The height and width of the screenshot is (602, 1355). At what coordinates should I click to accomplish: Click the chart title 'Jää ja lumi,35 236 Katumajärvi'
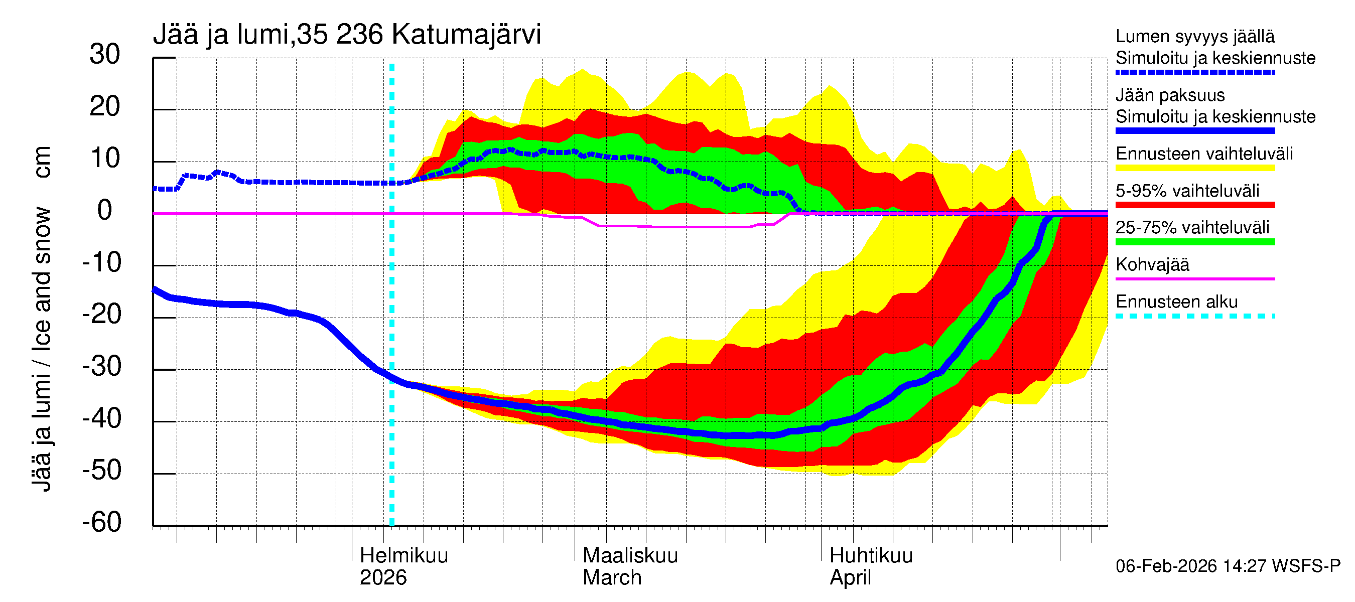[347, 35]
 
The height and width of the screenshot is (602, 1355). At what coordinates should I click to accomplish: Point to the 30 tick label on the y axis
[105, 54]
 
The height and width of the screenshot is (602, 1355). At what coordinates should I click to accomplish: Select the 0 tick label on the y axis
[105, 210]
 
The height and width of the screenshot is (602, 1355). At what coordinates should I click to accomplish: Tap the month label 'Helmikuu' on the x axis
[403, 555]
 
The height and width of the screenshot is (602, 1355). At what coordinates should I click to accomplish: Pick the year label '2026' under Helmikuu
[383, 577]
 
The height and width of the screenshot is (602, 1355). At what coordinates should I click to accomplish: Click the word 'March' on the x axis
[612, 577]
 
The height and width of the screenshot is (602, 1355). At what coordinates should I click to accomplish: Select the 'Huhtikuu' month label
[871, 555]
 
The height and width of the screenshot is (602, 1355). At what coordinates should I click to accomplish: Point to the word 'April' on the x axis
[850, 577]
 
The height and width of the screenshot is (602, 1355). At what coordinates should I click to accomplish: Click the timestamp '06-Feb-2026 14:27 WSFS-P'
[1228, 566]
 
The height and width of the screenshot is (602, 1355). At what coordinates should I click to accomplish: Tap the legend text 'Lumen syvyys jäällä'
[1194, 36]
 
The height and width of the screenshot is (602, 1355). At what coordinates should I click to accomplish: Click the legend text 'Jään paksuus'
[1170, 95]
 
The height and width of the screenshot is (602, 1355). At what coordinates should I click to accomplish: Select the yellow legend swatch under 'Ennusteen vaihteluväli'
[1194, 168]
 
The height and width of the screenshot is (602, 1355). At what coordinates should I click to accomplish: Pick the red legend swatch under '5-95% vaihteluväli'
[1194, 205]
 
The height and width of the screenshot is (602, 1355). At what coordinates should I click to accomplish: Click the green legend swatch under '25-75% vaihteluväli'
[1194, 242]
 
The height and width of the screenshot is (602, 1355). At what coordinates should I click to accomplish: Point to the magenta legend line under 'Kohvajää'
[1194, 278]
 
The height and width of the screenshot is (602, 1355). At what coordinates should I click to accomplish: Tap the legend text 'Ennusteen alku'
[1176, 302]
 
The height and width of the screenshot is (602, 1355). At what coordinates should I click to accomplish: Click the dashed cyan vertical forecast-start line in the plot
[391, 316]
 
